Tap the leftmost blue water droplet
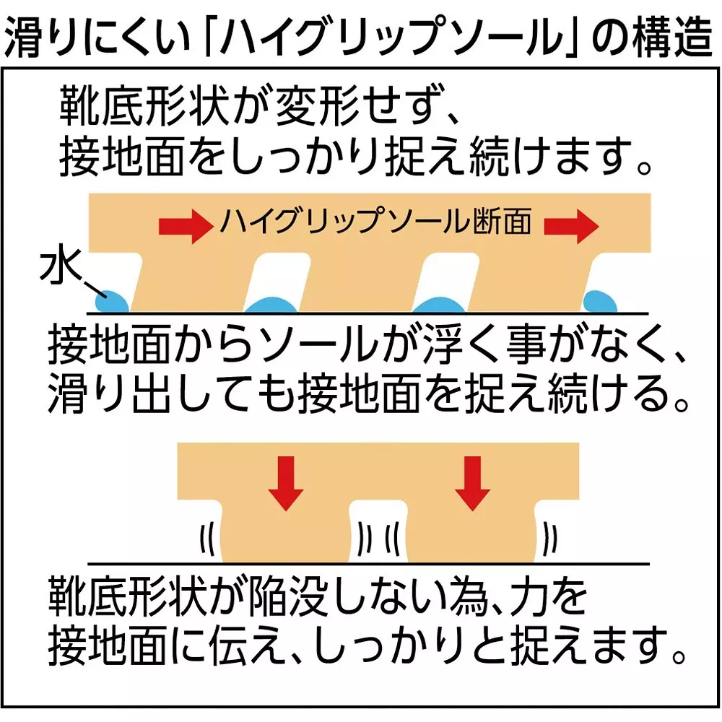coord(112,302)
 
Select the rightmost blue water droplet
coord(600,302)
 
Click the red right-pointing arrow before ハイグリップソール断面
coord(186,226)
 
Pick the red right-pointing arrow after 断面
coord(571,226)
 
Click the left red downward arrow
coord(286,483)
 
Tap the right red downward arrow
coord(472,483)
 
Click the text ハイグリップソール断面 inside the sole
coord(375,220)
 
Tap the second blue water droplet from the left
coord(270,305)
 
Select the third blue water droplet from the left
coord(439,305)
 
